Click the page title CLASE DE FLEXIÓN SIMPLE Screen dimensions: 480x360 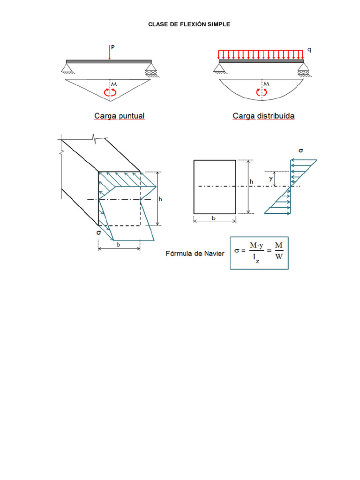[x=189, y=24]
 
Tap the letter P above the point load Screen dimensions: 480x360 [x=112, y=47]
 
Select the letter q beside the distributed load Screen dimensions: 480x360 [x=309, y=49]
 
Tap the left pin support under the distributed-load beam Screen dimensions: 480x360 [x=219, y=69]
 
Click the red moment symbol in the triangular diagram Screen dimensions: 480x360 [x=110, y=92]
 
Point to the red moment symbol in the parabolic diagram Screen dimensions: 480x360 [x=262, y=92]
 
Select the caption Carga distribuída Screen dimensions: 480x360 [x=263, y=115]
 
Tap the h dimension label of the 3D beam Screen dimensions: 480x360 [x=160, y=199]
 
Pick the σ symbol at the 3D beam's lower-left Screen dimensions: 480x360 [x=98, y=232]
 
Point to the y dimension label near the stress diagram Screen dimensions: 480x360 [x=270, y=178]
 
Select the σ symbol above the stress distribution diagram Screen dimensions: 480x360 [x=300, y=150]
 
